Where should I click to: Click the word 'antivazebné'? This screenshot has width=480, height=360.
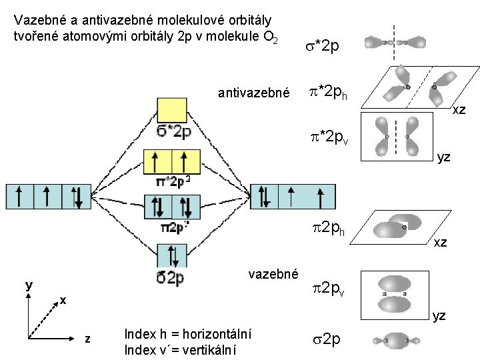tap(254, 93)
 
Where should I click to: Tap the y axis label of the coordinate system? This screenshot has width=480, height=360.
tap(29, 285)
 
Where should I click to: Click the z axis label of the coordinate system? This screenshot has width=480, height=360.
tap(87, 340)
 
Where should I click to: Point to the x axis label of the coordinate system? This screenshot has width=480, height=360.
tap(62, 300)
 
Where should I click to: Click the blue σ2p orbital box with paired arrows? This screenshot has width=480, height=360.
tap(172, 256)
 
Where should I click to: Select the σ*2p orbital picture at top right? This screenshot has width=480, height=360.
tap(395, 42)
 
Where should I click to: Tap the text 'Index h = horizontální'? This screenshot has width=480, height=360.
tap(187, 335)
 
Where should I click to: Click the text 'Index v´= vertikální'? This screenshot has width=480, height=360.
tap(183, 350)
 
